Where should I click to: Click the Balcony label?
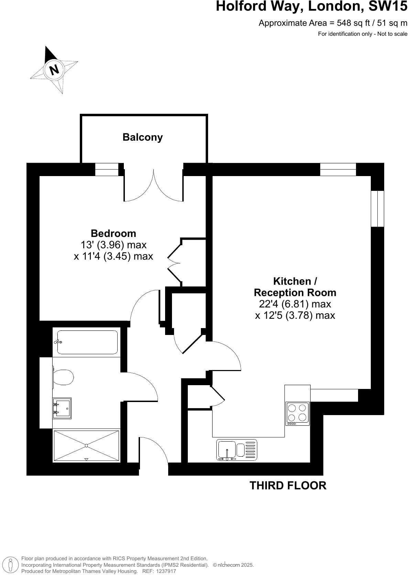[142, 137]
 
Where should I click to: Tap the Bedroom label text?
[113, 234]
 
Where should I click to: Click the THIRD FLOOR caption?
[288, 486]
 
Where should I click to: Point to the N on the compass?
[54, 70]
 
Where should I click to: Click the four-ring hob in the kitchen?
[298, 413]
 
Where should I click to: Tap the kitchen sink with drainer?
[237, 450]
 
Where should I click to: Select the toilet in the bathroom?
[63, 378]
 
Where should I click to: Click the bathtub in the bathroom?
[87, 342]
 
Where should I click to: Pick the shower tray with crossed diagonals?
[86, 446]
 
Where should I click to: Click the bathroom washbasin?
[62, 408]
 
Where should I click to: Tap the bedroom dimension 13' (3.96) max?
[113, 245]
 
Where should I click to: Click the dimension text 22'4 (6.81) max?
[295, 304]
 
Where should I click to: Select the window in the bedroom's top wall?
[106, 169]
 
